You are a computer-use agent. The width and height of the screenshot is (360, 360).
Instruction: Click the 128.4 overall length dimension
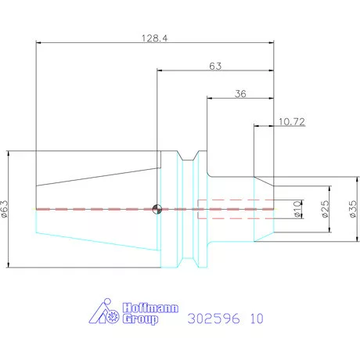point(155,38)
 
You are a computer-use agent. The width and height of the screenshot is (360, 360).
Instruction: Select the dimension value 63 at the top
point(215,66)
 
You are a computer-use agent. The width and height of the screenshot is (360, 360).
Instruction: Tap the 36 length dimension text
point(240,94)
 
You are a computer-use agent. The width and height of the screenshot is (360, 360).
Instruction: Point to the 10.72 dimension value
point(292,121)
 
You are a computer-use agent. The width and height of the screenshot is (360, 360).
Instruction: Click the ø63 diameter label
point(5,209)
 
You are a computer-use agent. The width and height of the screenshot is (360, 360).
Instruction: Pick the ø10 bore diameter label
point(297,209)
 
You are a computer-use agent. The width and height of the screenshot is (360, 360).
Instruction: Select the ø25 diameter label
point(326,209)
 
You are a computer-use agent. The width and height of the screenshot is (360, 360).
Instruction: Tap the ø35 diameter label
point(353,209)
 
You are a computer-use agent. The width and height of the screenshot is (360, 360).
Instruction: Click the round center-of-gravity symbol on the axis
point(157,209)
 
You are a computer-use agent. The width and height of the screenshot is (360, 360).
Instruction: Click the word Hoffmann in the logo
point(150,308)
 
